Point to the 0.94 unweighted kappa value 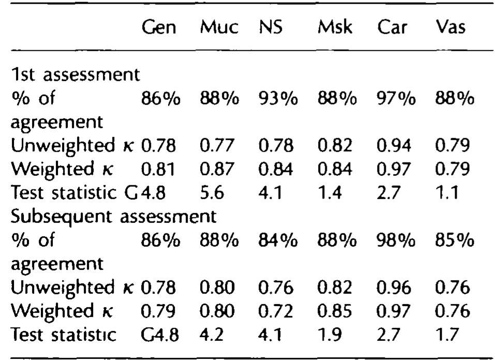[394, 146]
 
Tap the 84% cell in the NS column [278, 240]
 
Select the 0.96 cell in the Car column [394, 288]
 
